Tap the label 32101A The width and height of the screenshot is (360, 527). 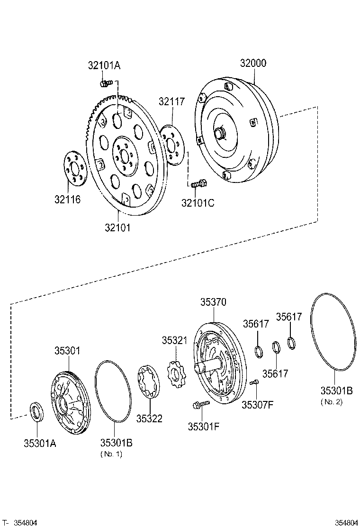point(105,66)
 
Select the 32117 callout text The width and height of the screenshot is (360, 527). point(171,101)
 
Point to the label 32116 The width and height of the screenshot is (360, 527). point(67,200)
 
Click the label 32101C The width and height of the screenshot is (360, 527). point(198,203)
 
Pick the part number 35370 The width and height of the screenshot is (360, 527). point(213,302)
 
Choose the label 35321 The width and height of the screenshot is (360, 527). point(175,340)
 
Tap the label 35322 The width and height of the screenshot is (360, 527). point(149,418)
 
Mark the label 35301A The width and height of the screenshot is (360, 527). point(40,443)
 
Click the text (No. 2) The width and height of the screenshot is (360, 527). point(332,402)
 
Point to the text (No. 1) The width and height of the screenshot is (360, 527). point(111,454)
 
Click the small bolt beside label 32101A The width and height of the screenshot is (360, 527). point(106,83)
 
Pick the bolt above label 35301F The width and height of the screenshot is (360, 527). point(201,404)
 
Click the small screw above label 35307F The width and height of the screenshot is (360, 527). point(254,382)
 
